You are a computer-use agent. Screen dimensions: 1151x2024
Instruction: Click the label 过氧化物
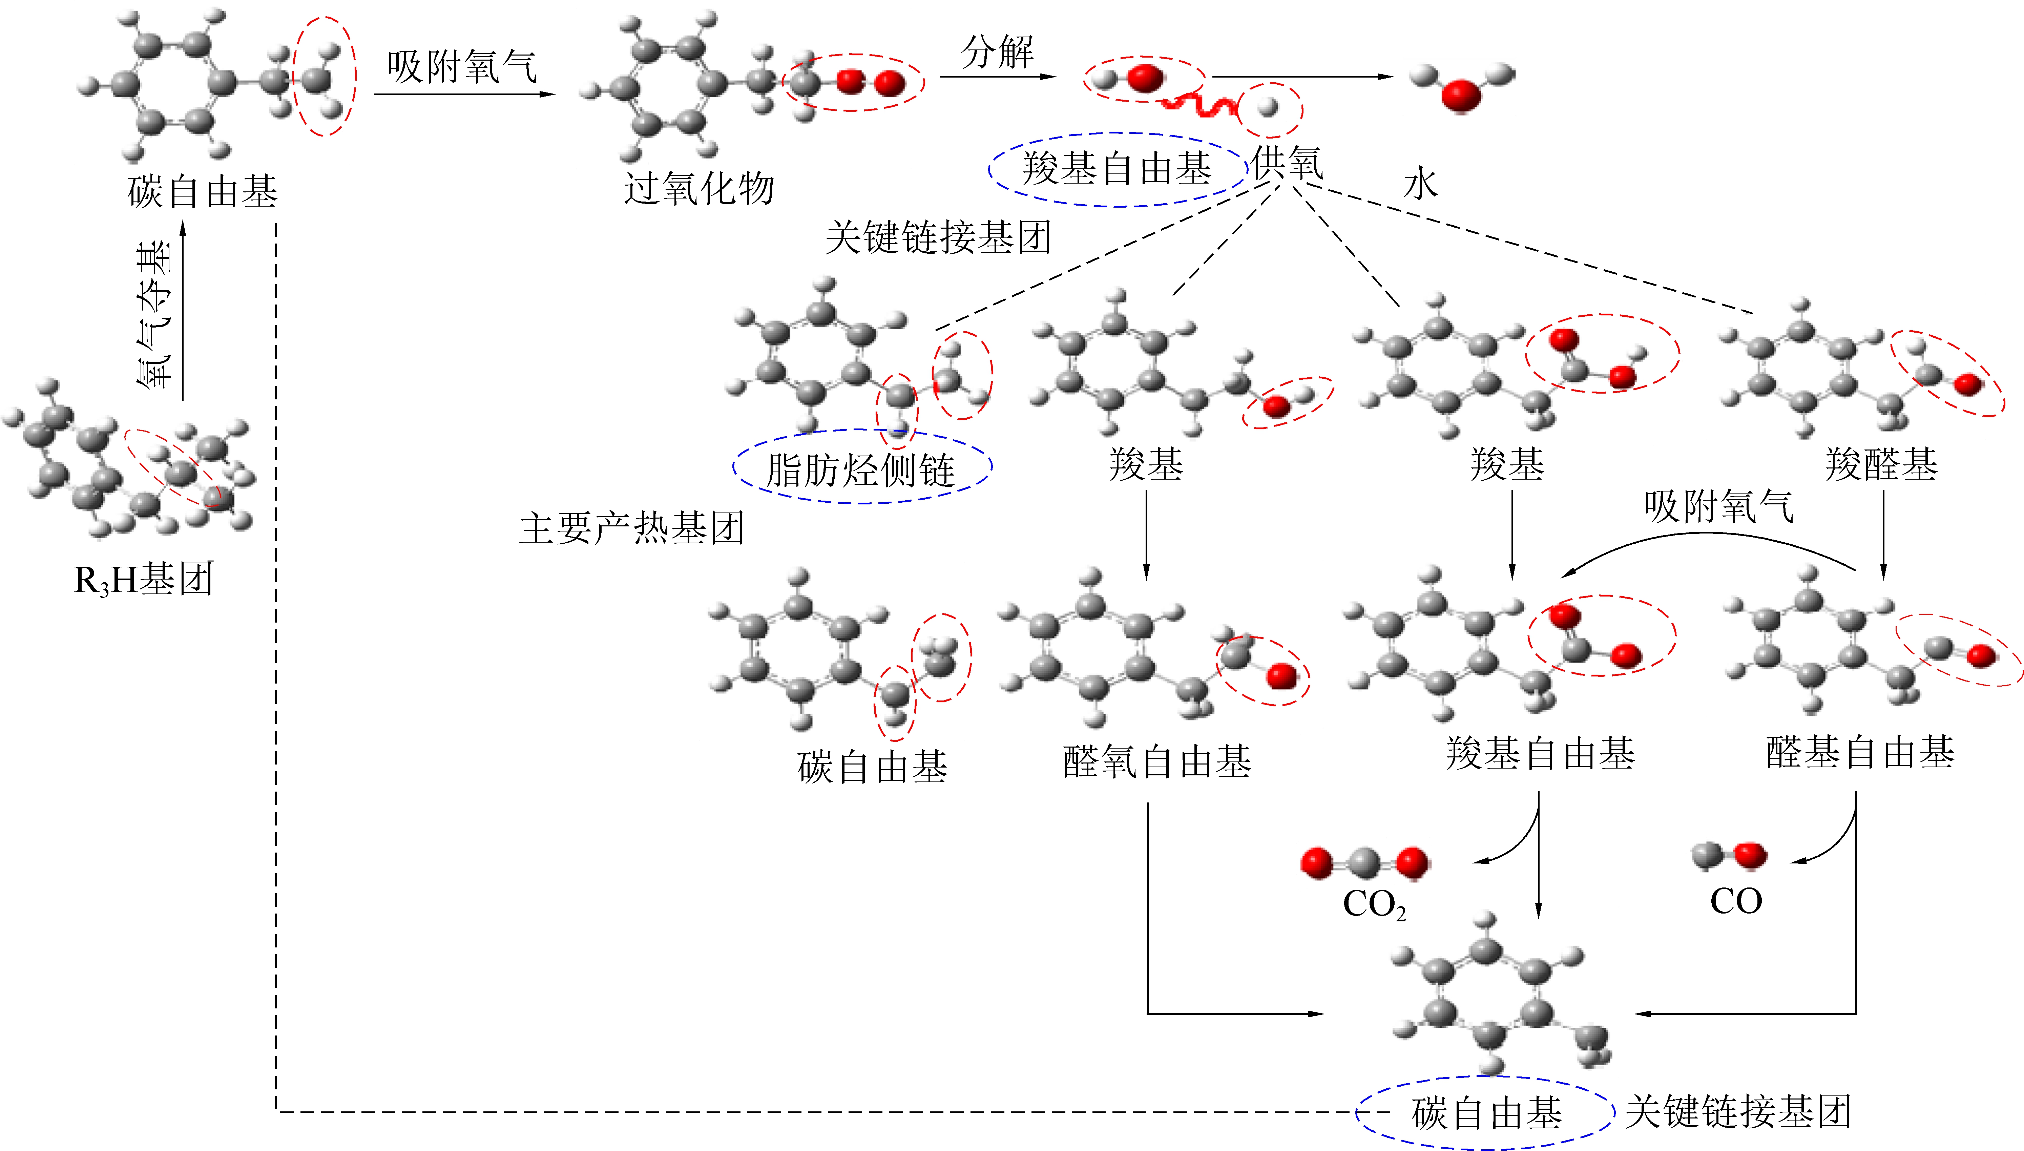(698, 189)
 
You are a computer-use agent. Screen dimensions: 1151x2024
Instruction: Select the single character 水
(1420, 184)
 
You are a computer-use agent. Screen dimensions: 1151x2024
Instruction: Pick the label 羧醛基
(1881, 464)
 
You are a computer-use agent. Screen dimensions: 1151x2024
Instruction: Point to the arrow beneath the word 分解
(997, 77)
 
